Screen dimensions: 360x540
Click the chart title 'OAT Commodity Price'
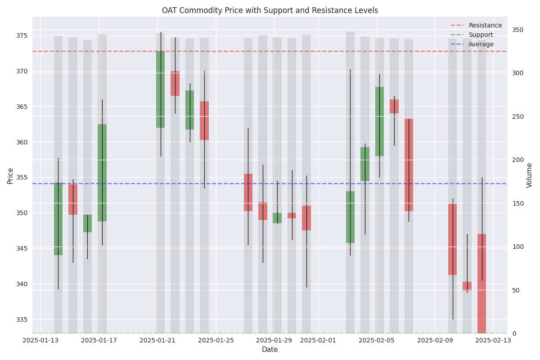point(270,10)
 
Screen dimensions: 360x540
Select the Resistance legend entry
point(485,26)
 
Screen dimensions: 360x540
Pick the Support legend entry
point(481,35)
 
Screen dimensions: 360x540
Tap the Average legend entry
point(481,45)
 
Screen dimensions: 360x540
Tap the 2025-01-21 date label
point(157,341)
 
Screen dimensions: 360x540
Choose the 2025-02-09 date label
point(435,341)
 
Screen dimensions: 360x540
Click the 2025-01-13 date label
point(41,341)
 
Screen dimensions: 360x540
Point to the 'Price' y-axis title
point(10,175)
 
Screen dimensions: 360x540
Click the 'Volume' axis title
point(529,175)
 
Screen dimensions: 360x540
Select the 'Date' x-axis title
point(270,350)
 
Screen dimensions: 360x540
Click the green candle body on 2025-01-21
point(161,90)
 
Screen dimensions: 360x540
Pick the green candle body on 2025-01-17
point(102,173)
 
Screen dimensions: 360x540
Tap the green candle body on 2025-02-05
point(379,121)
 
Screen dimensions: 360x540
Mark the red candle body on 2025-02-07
point(409,165)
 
